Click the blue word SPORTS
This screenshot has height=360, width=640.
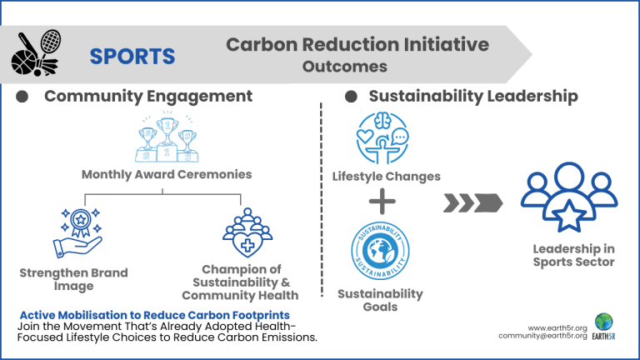click(x=132, y=57)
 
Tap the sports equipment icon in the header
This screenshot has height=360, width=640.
click(x=36, y=53)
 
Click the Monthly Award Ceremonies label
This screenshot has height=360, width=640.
click(x=167, y=174)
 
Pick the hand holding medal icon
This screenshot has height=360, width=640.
click(x=77, y=233)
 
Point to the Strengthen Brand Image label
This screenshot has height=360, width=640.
click(x=74, y=279)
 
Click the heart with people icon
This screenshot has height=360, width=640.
click(x=247, y=232)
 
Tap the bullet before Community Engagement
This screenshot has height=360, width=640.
click(x=22, y=97)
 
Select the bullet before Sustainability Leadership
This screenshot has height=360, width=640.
click(x=351, y=97)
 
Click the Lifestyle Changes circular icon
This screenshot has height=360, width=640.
click(x=382, y=138)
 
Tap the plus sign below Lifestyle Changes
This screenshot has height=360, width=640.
click(x=382, y=201)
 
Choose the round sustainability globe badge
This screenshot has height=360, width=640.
click(x=380, y=251)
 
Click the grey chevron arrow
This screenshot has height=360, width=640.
click(x=473, y=202)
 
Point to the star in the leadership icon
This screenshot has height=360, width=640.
click(x=569, y=216)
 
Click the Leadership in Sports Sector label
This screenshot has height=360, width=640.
click(x=573, y=255)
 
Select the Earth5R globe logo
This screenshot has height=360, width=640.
click(x=603, y=322)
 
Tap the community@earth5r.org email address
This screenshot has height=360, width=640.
click(x=542, y=336)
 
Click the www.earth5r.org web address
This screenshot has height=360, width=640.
click(x=557, y=328)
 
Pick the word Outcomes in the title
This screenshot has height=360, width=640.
click(x=345, y=67)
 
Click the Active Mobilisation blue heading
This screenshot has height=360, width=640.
click(x=155, y=315)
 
